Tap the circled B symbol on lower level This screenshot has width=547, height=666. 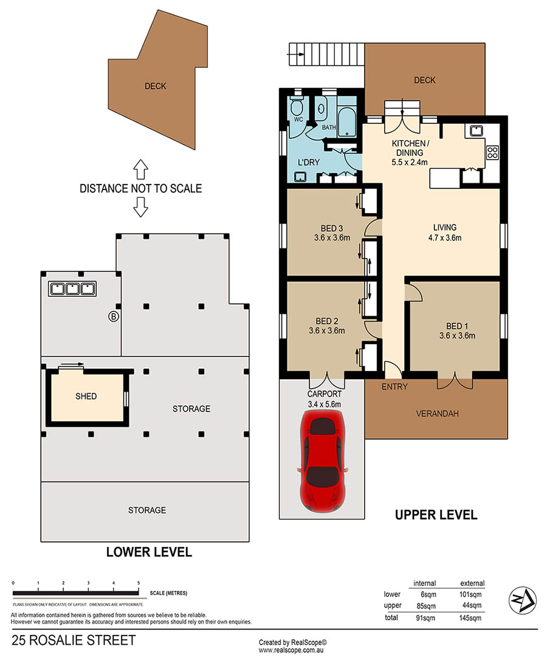[114, 316]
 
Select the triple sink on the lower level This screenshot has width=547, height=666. [72, 289]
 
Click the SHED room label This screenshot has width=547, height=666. [86, 396]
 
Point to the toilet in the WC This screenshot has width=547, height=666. [296, 106]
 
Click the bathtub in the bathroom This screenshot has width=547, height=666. [347, 121]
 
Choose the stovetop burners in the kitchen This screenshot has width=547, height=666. [492, 152]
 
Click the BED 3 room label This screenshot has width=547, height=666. [332, 228]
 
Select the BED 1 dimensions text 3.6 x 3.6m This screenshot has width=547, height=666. [457, 336]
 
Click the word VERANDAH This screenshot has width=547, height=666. [437, 413]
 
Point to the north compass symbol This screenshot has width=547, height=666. [523, 600]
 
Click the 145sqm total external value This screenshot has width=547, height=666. [470, 617]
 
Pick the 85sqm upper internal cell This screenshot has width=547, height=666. [426, 606]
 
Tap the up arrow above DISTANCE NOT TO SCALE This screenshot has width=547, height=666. [141, 169]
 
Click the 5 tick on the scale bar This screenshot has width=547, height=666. [138, 583]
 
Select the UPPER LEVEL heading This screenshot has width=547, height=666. [436, 515]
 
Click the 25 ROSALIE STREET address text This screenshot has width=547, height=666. [74, 640]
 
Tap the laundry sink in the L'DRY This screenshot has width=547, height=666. [301, 176]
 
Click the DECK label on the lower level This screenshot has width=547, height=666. [155, 86]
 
